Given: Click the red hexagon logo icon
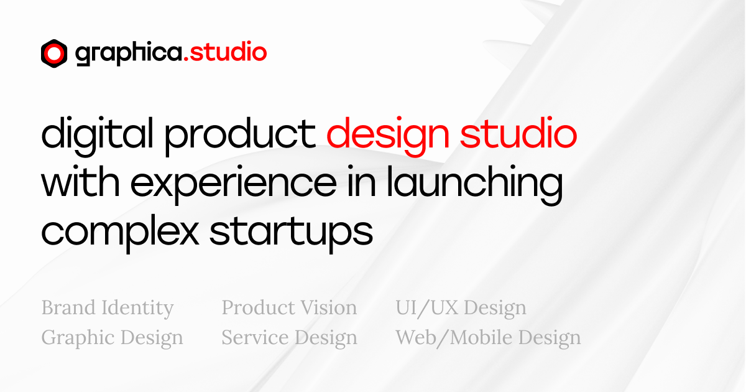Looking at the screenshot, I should pos(54,54).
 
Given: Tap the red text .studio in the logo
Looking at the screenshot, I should pos(226,53).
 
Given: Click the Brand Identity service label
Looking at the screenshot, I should pos(108,308).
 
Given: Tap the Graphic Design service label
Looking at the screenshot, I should pos(113,338).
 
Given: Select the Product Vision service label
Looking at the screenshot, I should pos(289,308).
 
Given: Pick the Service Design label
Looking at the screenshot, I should pos(289,338).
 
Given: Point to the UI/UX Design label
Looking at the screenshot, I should pos(461,308).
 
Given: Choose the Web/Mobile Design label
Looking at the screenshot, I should pos(488,338).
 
